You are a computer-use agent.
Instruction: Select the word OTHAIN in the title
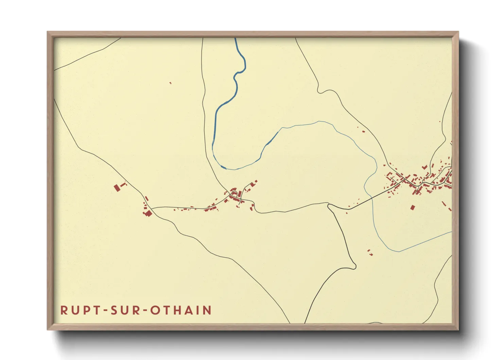click(181, 310)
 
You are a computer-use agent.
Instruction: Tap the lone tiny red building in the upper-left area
click(170, 83)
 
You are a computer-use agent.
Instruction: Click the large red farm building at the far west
click(117, 187)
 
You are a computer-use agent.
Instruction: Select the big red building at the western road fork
click(148, 213)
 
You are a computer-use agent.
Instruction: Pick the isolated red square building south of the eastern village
click(413, 207)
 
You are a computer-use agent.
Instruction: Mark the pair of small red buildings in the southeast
click(370, 252)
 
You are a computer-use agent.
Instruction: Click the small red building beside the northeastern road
click(363, 131)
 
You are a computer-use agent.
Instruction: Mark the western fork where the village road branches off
click(151, 209)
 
